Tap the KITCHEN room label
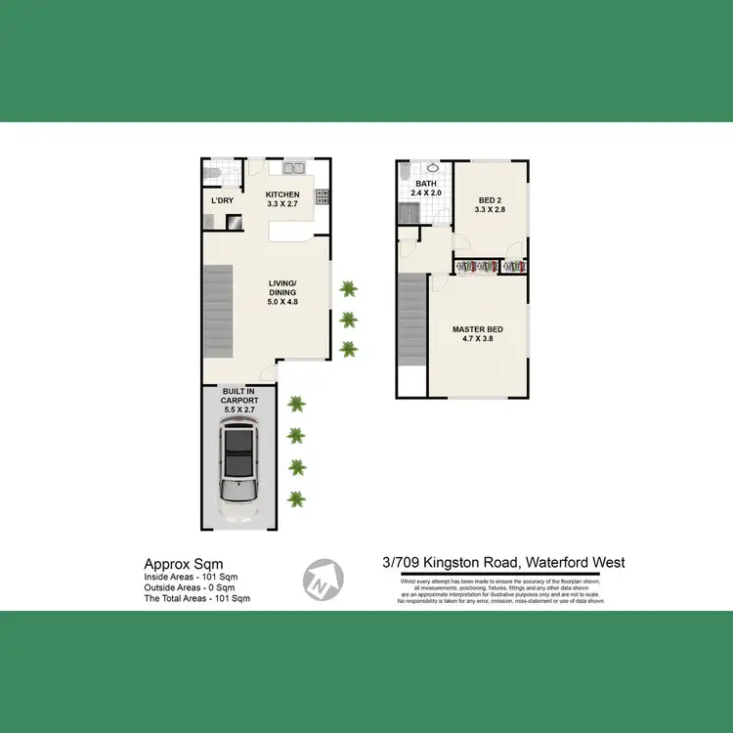coord(283,200)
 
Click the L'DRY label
coord(223,201)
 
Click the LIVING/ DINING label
coord(283,294)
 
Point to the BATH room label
coord(426,189)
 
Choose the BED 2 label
coord(490,202)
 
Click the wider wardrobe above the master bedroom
coord(476,266)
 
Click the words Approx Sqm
coord(184,564)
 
